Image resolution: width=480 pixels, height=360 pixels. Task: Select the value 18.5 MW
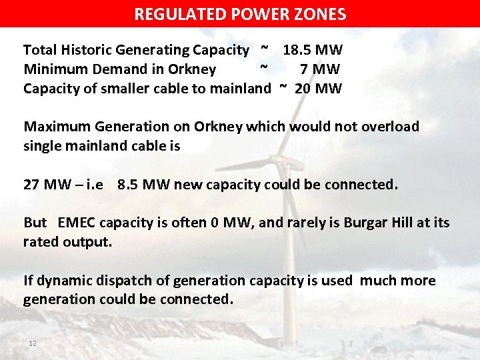(312, 50)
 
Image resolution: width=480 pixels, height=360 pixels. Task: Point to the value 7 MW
(320, 69)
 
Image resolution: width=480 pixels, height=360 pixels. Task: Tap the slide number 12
(32, 343)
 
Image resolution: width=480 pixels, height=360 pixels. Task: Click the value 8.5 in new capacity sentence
(128, 185)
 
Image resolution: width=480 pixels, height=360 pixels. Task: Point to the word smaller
(127, 89)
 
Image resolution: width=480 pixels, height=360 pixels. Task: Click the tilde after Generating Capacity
(265, 49)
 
